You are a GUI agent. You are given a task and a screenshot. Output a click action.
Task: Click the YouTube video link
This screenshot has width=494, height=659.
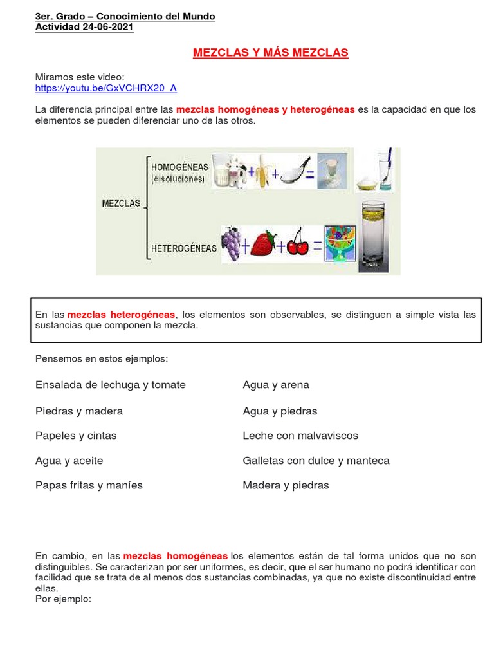[105, 88]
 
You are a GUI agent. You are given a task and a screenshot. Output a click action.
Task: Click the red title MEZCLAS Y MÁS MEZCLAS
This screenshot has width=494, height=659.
[270, 53]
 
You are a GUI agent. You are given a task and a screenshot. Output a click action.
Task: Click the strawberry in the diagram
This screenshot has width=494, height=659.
[262, 245]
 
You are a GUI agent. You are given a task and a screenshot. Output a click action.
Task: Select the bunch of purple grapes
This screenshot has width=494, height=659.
[231, 243]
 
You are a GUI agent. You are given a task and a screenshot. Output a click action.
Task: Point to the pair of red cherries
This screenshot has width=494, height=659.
[297, 243]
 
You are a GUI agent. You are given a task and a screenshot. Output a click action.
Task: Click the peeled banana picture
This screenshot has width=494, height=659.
[262, 173]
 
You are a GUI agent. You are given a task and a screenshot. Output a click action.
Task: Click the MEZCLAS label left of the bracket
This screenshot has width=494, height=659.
[121, 204]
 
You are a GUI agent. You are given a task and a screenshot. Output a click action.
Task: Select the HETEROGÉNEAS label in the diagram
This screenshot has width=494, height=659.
[183, 248]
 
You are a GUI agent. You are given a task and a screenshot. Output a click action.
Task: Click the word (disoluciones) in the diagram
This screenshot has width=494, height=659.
[178, 180]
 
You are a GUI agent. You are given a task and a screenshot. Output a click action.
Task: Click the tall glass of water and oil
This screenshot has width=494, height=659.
[374, 235]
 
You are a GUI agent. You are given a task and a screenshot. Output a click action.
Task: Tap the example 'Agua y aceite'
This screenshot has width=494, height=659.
[69, 461]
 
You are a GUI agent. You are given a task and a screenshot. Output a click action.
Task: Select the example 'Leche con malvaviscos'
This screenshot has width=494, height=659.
[300, 436]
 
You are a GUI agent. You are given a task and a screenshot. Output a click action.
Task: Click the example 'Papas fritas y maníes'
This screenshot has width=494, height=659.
[89, 485]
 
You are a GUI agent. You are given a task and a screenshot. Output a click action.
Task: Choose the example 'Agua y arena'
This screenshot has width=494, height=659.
[276, 385]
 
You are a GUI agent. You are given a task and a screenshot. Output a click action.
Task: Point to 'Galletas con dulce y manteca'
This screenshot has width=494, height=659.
[316, 461]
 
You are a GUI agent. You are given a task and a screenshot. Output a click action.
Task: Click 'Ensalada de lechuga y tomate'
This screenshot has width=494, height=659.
[110, 385]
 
